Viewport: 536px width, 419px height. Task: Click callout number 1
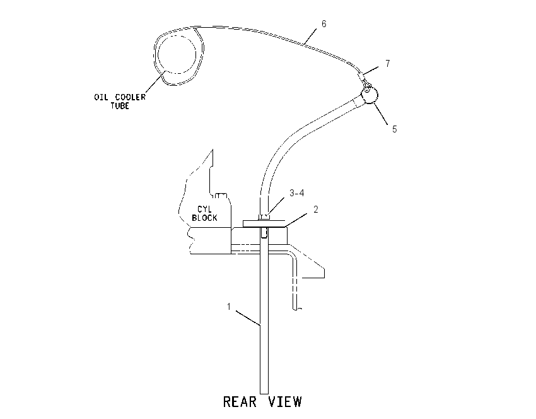(229, 307)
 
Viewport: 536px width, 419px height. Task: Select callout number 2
(316, 209)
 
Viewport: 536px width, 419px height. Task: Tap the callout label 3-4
(297, 193)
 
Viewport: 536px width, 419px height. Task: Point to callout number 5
(395, 129)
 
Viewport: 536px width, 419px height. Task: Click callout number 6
(324, 24)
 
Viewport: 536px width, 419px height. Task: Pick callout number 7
(388, 64)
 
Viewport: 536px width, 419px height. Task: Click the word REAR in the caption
(240, 402)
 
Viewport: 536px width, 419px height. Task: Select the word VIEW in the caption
(285, 402)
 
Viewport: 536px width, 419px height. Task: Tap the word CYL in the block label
(204, 209)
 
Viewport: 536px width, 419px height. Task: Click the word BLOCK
(204, 218)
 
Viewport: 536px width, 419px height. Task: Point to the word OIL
(101, 97)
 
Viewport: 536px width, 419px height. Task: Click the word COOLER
(131, 97)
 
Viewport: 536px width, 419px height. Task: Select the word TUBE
(120, 105)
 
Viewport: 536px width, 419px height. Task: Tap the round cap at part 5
(370, 95)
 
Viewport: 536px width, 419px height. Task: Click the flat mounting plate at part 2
(264, 223)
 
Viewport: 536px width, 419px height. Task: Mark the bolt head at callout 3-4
(264, 217)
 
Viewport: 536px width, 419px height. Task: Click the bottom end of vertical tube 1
(264, 394)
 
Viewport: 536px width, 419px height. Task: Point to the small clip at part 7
(363, 78)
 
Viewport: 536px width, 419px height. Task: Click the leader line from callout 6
(310, 36)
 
